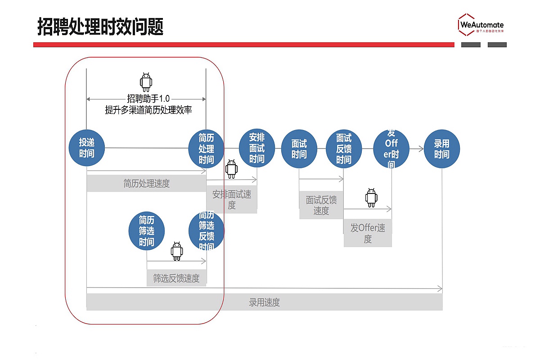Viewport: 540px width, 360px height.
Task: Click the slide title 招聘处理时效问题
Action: tap(100, 27)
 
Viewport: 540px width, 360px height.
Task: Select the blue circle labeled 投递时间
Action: tap(87, 148)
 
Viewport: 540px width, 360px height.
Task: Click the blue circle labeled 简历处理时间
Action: tap(206, 148)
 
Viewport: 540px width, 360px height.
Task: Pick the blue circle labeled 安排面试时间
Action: tap(257, 148)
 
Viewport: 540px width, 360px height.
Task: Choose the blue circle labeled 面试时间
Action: tap(299, 149)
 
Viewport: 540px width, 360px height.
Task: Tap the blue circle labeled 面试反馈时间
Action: tap(344, 149)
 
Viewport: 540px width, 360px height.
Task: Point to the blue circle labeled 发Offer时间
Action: tap(391, 149)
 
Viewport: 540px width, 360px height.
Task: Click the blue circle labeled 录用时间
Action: tap(442, 149)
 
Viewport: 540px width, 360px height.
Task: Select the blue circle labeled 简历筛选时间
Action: tap(147, 231)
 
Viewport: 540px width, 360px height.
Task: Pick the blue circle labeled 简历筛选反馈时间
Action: tap(206, 231)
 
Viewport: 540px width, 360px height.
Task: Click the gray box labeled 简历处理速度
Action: tap(146, 184)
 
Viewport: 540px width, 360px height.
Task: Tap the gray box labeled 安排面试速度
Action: tap(232, 200)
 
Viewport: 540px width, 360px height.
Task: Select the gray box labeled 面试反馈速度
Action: tap(321, 205)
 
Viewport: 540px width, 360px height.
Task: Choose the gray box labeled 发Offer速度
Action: tap(368, 233)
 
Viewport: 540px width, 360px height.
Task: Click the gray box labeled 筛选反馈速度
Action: tap(176, 278)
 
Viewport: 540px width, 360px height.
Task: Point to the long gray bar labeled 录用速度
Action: tap(264, 302)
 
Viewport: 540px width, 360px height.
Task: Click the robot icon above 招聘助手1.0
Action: tap(146, 82)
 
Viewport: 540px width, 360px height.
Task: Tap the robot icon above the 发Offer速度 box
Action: tap(371, 198)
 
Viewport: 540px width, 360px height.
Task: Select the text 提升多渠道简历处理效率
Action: tap(148, 110)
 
